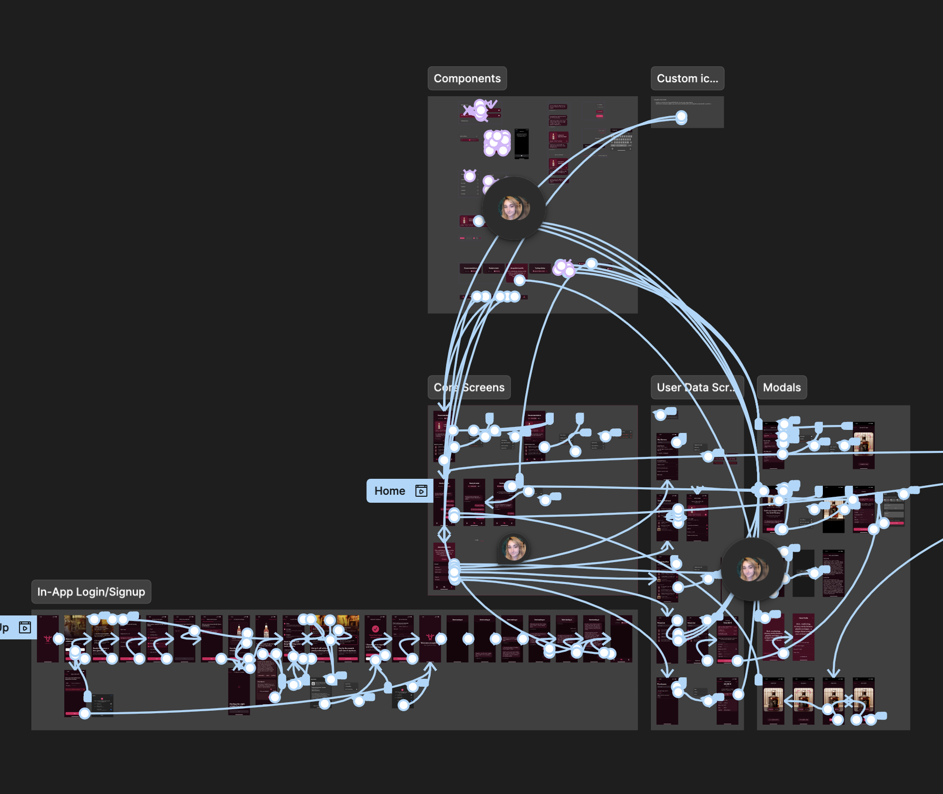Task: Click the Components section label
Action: click(467, 78)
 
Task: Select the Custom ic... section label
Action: click(687, 78)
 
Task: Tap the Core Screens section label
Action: click(469, 388)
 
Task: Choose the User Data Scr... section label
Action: click(696, 388)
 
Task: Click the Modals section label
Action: click(782, 388)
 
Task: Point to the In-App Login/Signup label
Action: click(91, 592)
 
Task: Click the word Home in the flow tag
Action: click(390, 491)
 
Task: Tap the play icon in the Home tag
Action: click(421, 491)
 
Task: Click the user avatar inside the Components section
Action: click(514, 208)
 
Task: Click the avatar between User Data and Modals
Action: click(752, 569)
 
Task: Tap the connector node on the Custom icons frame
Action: click(681, 117)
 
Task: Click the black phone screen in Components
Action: click(521, 144)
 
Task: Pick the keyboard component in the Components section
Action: click(622, 142)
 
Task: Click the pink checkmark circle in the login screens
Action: click(375, 629)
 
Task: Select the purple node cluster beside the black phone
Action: click(497, 143)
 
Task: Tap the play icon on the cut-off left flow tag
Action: click(24, 627)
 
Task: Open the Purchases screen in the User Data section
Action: click(666, 701)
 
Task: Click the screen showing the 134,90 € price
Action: click(727, 638)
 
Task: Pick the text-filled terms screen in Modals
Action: click(833, 574)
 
